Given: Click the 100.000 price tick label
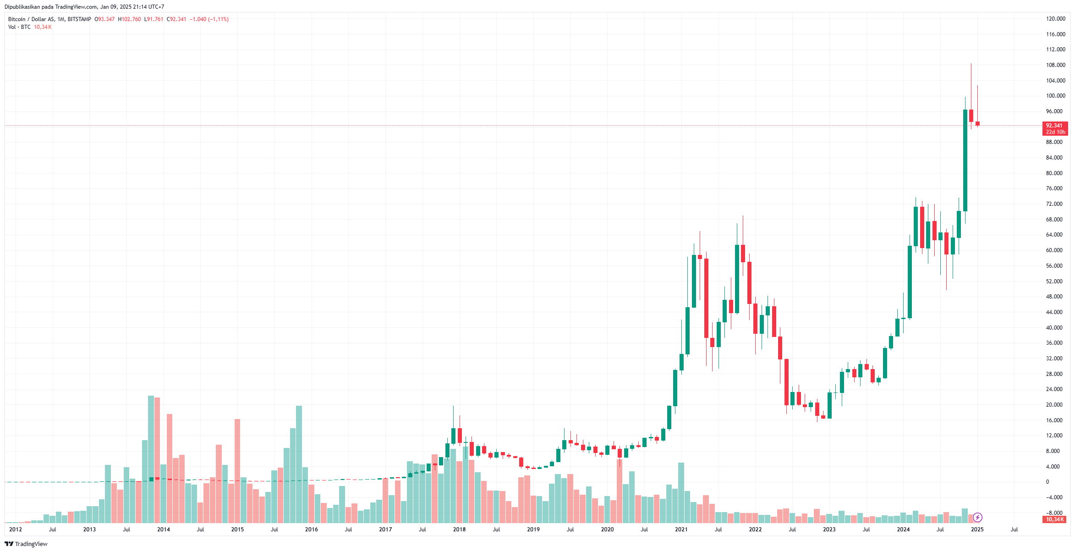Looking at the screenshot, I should point(1055,96).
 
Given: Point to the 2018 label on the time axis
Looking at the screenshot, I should point(459,530).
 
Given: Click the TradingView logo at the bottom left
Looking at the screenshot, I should point(26,544).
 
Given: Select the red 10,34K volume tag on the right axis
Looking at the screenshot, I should point(1055,519).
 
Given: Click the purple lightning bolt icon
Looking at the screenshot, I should point(977,518).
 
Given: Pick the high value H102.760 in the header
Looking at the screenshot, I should point(130,19).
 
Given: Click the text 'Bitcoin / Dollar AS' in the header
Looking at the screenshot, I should point(31,19).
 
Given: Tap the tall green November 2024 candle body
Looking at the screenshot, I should point(965,160).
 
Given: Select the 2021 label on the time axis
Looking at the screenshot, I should point(681,530).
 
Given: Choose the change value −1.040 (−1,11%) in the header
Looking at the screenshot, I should point(209,19).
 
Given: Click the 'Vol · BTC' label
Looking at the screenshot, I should point(19,27).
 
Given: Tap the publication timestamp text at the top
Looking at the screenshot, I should point(84,7).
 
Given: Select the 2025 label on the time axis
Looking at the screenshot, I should point(977,530).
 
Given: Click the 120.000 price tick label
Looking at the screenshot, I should point(1055,19).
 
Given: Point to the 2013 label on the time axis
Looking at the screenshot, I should point(89,530).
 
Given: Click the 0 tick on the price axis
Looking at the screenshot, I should point(1048,482).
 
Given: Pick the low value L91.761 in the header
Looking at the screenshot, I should point(154,19).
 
